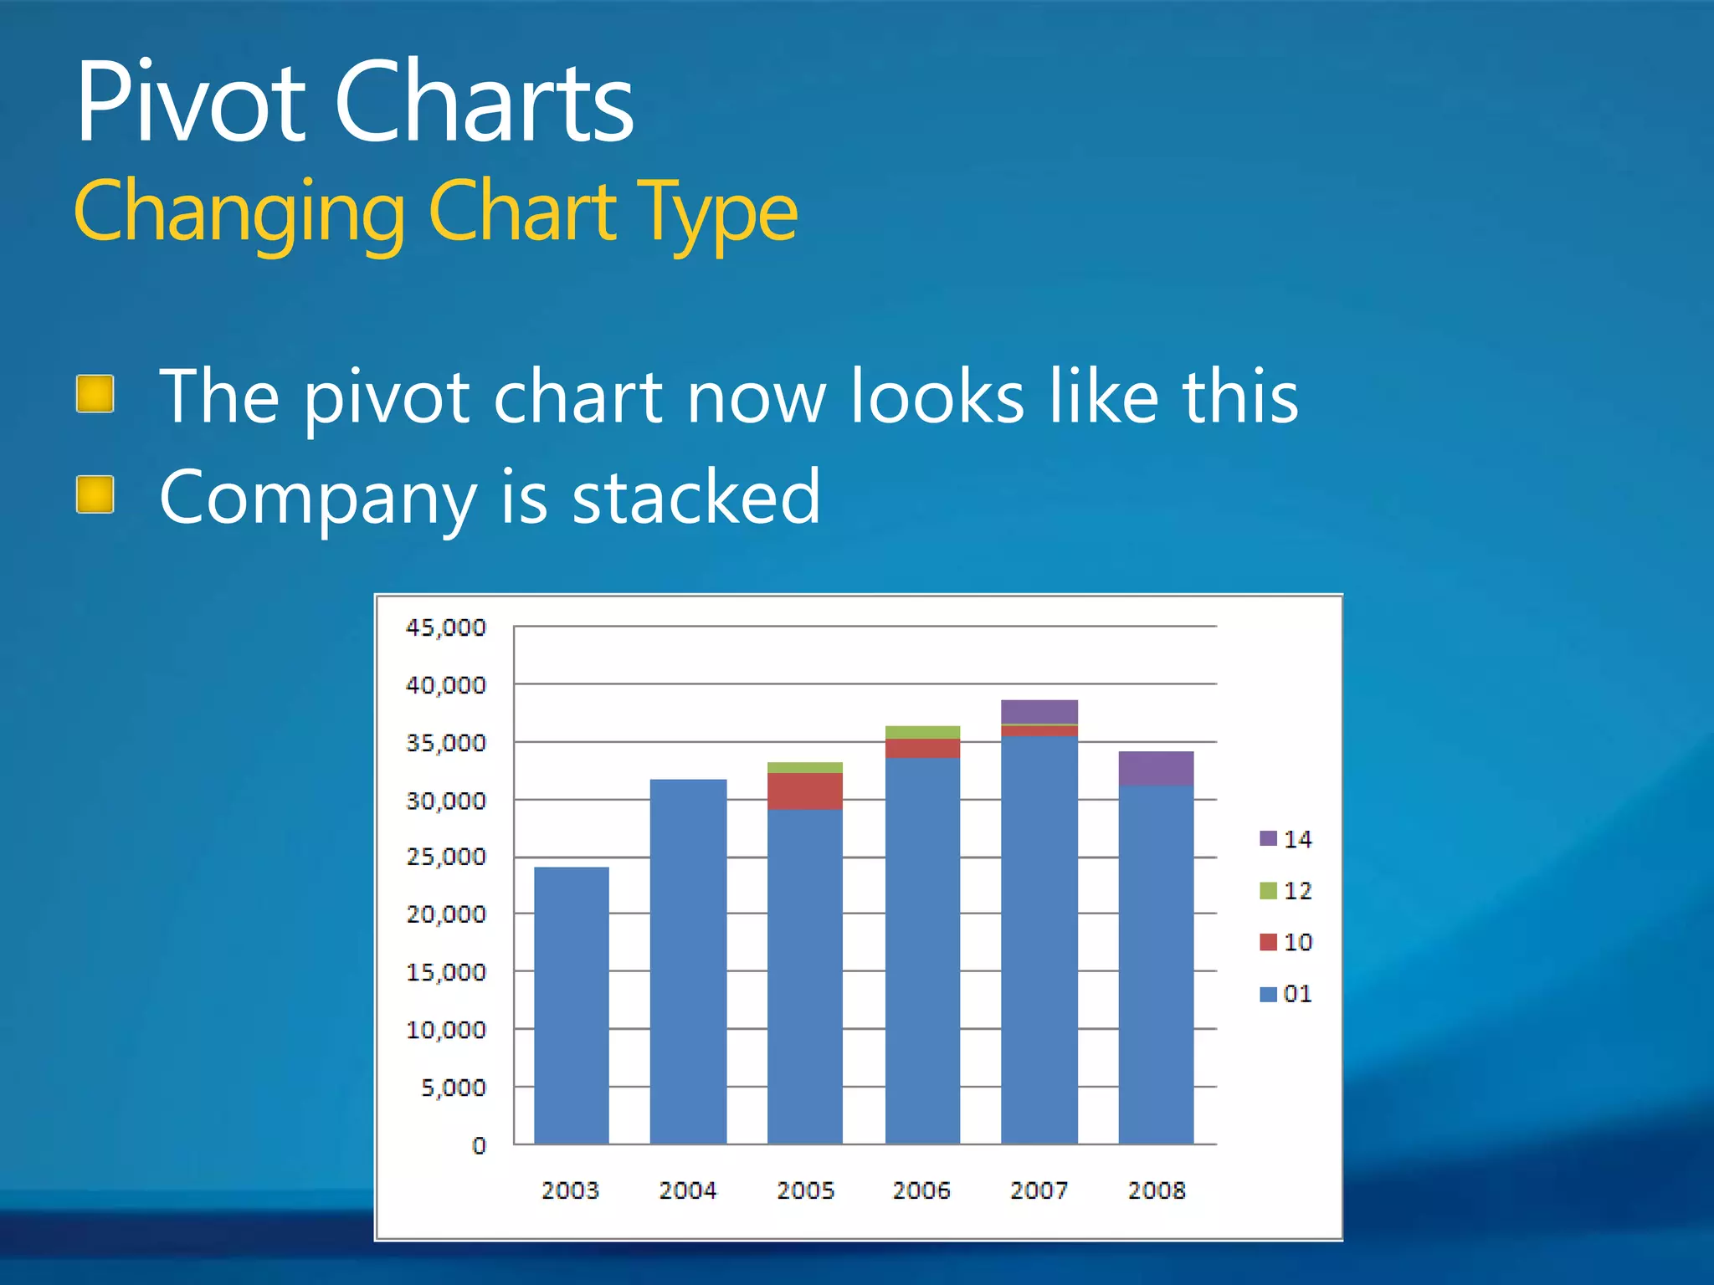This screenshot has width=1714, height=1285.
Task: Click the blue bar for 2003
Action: (x=572, y=1004)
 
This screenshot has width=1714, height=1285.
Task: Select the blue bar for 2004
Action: (x=688, y=962)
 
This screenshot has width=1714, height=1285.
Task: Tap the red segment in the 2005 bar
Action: (x=805, y=791)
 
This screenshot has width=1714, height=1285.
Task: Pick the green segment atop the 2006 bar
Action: (x=922, y=732)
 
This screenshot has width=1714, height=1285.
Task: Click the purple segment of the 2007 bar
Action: (x=1039, y=711)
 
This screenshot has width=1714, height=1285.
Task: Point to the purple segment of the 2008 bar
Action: (x=1156, y=768)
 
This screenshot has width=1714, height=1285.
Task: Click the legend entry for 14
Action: (x=1286, y=839)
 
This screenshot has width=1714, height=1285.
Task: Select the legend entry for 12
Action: (x=1286, y=891)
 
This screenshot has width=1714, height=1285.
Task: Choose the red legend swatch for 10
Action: (x=1269, y=942)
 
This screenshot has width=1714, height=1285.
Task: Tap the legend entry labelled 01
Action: (x=1286, y=994)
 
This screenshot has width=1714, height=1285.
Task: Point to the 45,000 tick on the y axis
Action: (x=445, y=627)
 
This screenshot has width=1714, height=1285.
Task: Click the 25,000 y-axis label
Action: (x=445, y=857)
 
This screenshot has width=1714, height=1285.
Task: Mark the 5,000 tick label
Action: (x=453, y=1088)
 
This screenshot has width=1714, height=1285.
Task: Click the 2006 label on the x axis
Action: (x=921, y=1190)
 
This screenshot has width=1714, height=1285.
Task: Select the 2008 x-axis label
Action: (x=1157, y=1190)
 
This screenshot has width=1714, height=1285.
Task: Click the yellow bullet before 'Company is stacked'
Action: (x=95, y=494)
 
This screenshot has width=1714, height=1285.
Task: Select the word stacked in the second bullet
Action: (x=696, y=497)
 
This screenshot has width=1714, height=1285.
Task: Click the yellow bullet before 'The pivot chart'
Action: (x=95, y=394)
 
